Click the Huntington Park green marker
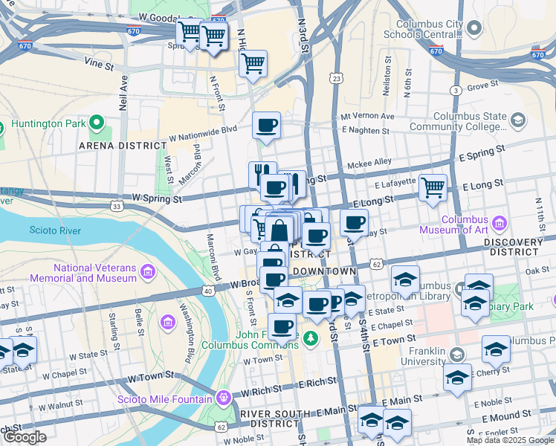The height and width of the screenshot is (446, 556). point(96,123)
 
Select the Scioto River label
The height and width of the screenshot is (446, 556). point(51,230)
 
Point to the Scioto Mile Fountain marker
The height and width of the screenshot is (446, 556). point(223,398)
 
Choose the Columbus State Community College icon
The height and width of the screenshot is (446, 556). point(517,120)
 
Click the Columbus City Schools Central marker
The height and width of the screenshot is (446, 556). point(476,29)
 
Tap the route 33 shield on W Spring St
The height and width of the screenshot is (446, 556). point(116,206)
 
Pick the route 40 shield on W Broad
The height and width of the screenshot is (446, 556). point(207,291)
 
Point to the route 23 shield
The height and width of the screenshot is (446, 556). point(337,78)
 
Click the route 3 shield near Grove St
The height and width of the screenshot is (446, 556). point(454,91)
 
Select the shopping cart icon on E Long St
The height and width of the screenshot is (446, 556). point(433,187)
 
